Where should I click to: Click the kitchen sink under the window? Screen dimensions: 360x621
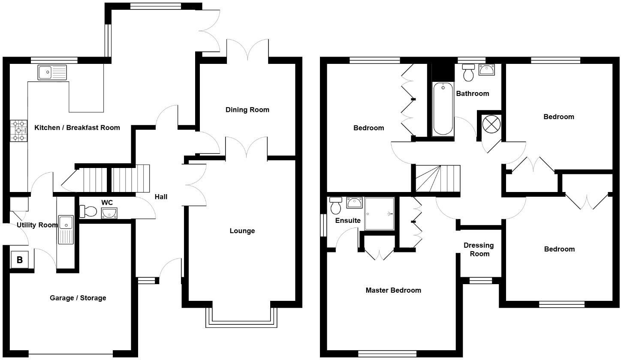(x=52, y=72)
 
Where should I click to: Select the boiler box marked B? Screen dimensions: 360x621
(x=20, y=259)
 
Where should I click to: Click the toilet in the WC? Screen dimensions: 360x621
(x=89, y=211)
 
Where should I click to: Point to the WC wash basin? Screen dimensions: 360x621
(x=109, y=213)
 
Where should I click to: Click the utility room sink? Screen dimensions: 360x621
(x=66, y=229)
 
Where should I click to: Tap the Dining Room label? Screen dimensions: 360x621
(x=247, y=110)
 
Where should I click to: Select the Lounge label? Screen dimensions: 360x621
(x=242, y=231)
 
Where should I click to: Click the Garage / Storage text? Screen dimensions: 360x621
(x=78, y=298)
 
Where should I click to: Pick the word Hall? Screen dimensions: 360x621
(x=161, y=197)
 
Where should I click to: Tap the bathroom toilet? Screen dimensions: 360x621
(x=468, y=73)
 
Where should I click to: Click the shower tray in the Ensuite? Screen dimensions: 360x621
(x=379, y=214)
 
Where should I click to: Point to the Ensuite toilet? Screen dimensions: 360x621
(x=336, y=206)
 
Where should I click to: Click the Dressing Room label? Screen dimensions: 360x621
(x=479, y=249)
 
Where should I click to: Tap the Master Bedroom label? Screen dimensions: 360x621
(x=393, y=290)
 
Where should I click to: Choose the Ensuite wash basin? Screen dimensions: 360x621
(x=354, y=203)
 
